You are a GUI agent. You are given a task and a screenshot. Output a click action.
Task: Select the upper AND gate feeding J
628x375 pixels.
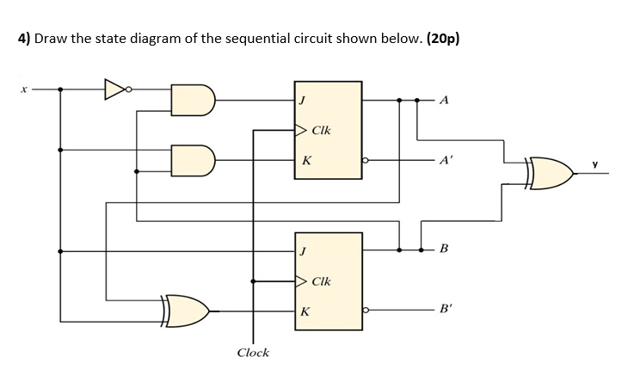click(x=192, y=100)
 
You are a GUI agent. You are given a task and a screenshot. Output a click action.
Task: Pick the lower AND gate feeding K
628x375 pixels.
click(x=192, y=159)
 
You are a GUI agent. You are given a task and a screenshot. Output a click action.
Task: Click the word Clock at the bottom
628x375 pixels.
click(x=252, y=353)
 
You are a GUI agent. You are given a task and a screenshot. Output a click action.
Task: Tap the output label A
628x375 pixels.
click(x=443, y=100)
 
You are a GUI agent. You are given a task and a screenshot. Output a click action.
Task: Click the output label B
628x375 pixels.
click(x=443, y=250)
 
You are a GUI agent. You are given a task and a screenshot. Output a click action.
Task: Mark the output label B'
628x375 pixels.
click(x=445, y=310)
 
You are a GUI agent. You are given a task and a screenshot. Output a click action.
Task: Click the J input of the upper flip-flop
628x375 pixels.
click(x=302, y=100)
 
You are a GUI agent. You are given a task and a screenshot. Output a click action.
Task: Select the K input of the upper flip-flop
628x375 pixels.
click(x=306, y=159)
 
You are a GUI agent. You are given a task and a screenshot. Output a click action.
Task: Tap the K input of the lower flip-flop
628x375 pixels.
click(x=306, y=310)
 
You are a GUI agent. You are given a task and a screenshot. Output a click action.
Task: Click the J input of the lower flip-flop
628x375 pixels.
click(x=302, y=251)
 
